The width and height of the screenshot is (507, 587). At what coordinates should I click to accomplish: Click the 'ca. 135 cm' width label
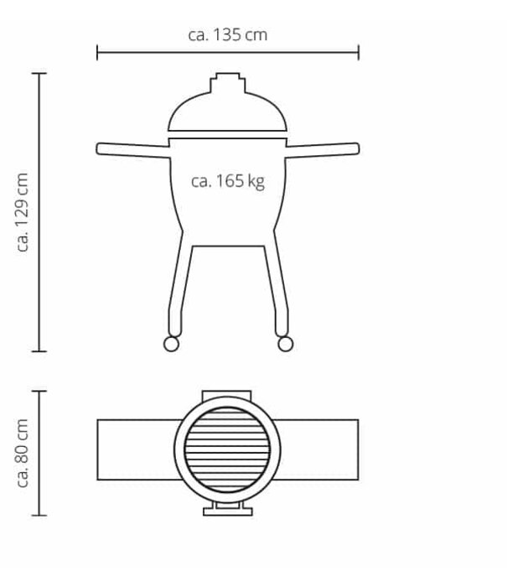tap(228, 34)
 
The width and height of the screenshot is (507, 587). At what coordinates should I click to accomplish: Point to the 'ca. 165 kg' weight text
tap(228, 180)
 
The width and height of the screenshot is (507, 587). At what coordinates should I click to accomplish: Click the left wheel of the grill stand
tap(170, 343)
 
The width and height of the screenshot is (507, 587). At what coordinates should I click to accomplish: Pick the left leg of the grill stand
tap(178, 285)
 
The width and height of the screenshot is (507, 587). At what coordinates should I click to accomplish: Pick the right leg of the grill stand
tap(277, 285)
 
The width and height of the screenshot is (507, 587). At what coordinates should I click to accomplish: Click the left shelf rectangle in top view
tap(134, 449)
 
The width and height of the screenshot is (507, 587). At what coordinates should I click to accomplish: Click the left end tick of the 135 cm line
tap(98, 53)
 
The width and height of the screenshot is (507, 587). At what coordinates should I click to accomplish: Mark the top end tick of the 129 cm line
tap(39, 74)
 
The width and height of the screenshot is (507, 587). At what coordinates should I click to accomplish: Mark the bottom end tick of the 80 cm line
tap(39, 514)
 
